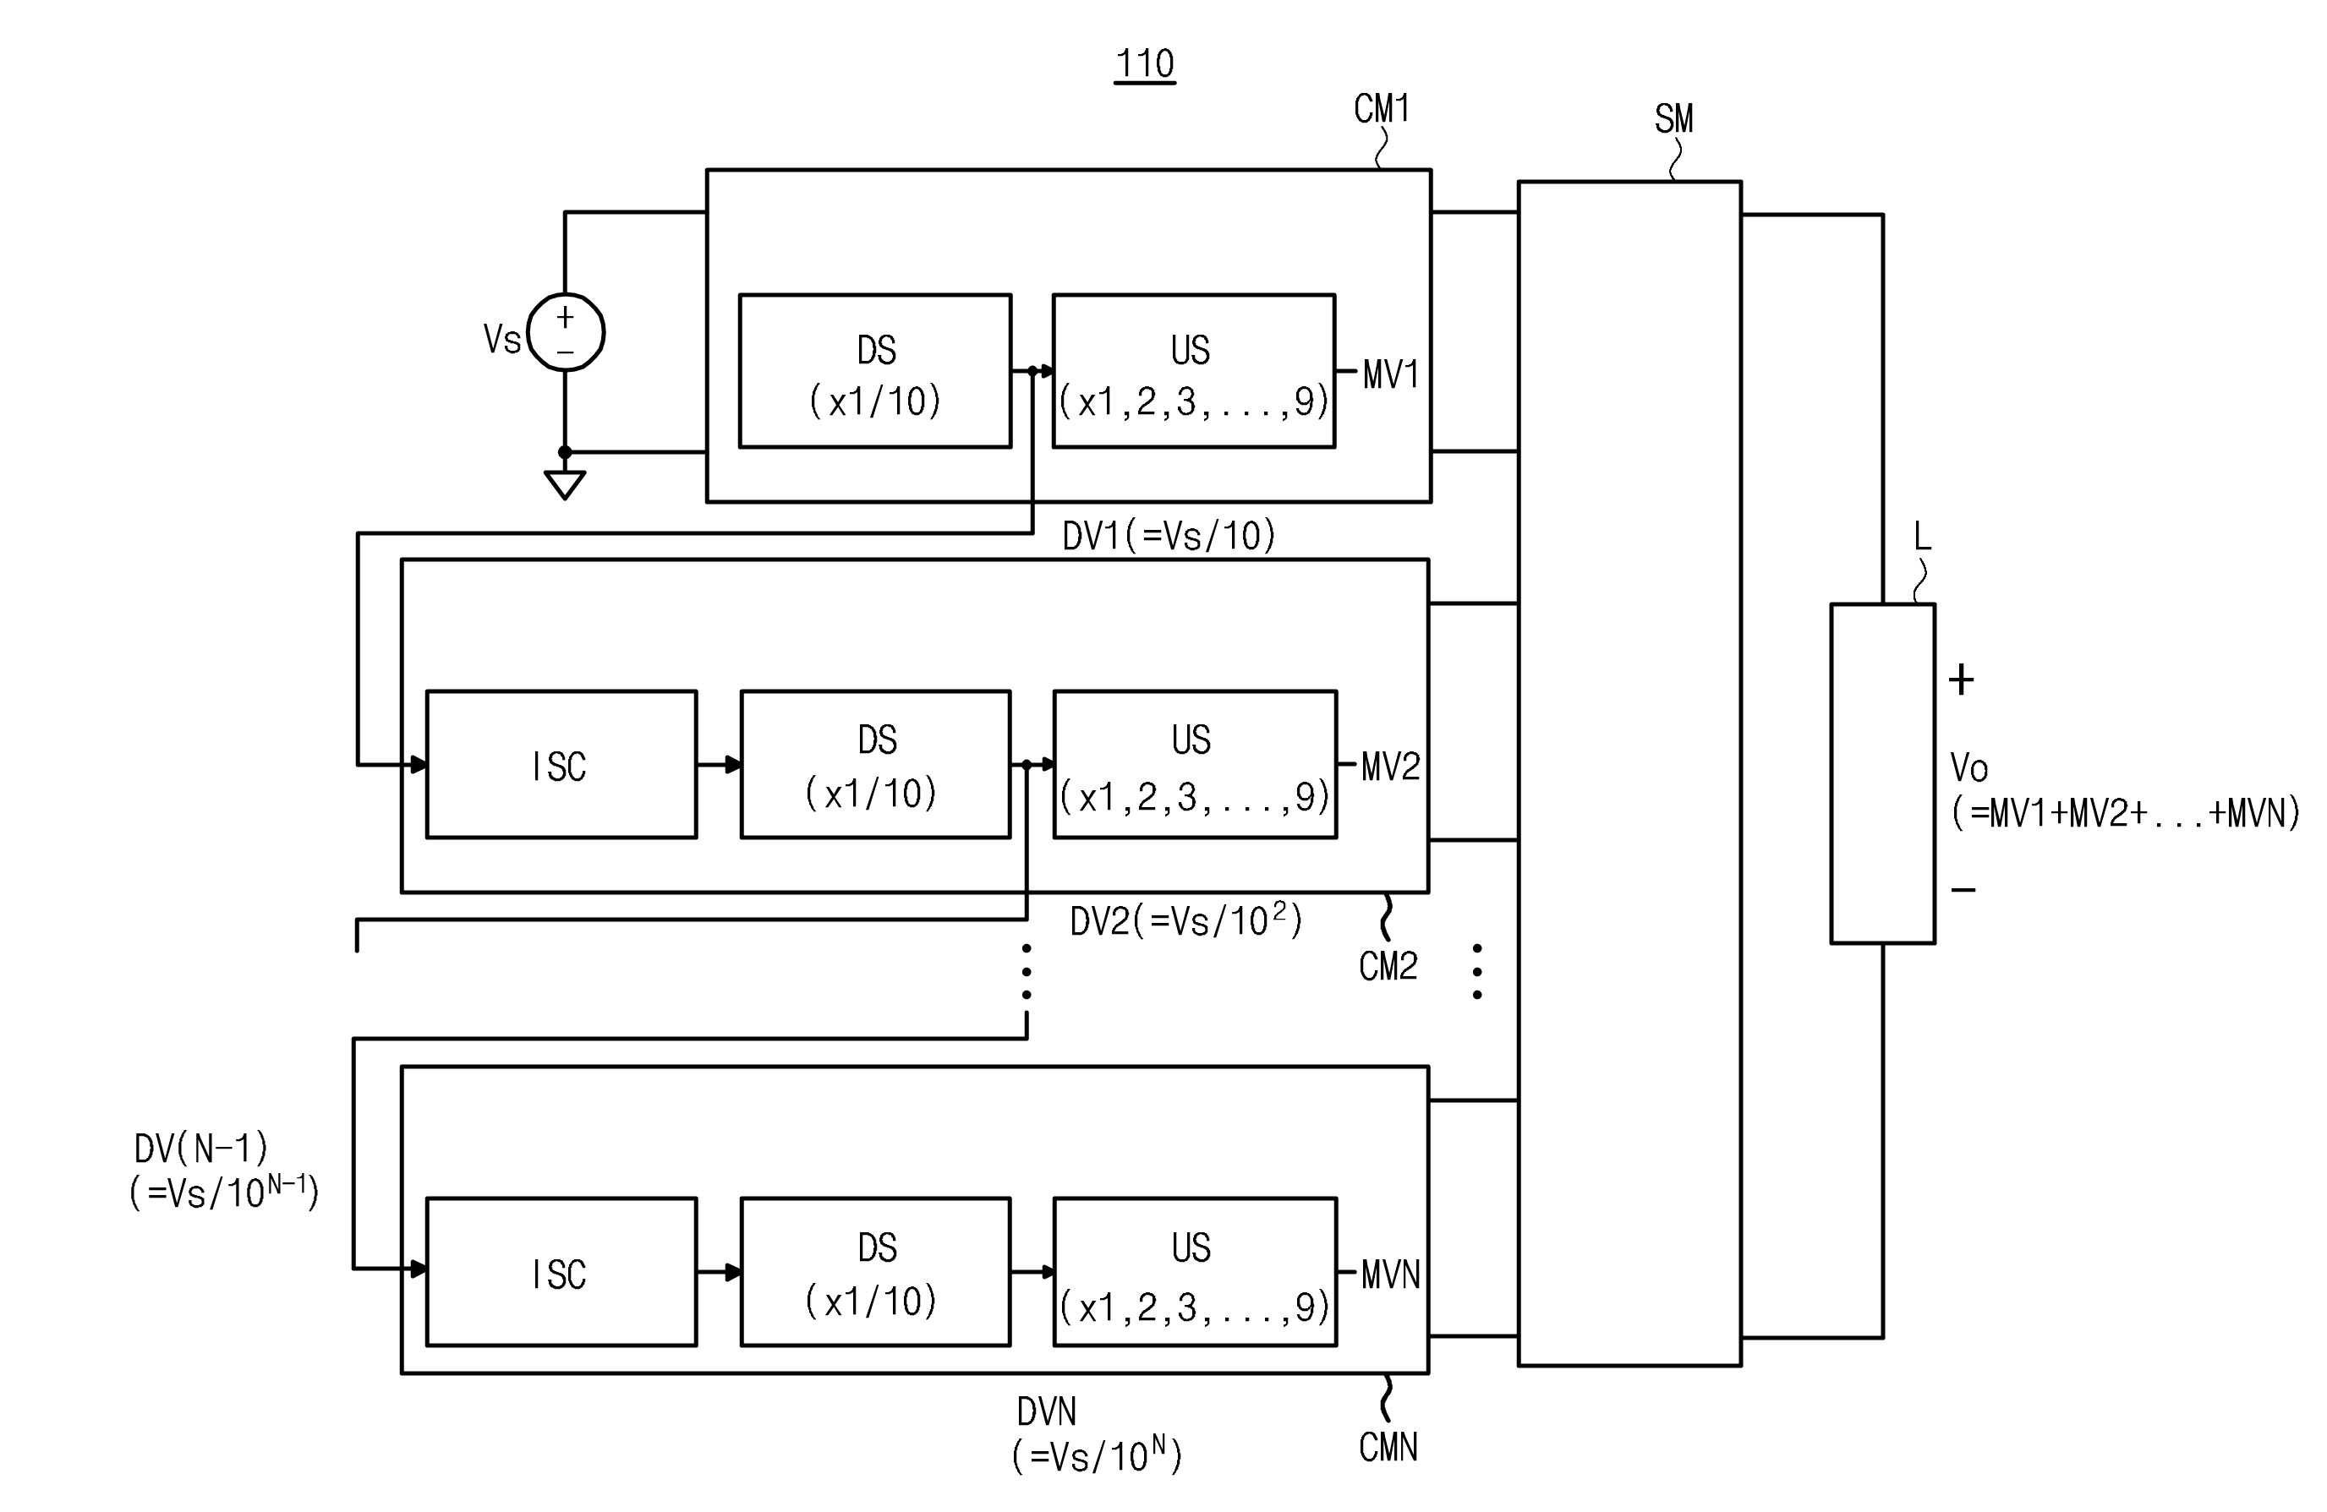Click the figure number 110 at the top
(x=1145, y=63)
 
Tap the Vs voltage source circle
(x=565, y=332)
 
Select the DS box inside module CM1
(x=875, y=371)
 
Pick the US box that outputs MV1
(x=1194, y=371)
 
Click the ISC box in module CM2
(x=561, y=764)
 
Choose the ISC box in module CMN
(x=561, y=1272)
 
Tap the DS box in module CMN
(x=875, y=1272)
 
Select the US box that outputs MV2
(x=1195, y=764)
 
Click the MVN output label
(x=1390, y=1275)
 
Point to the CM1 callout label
(x=1382, y=108)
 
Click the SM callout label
(x=1674, y=119)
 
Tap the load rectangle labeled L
(x=1882, y=773)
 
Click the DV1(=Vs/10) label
(x=1169, y=536)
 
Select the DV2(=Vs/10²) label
(x=1185, y=920)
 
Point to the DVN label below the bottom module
(x=1097, y=1433)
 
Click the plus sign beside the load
(x=1962, y=680)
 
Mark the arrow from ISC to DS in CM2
(x=719, y=764)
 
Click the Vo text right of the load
(x=1969, y=767)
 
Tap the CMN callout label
(x=1388, y=1448)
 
